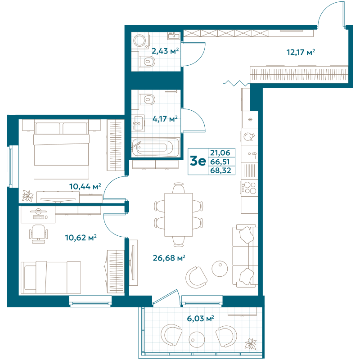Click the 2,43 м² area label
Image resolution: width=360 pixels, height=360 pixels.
[x=165, y=51]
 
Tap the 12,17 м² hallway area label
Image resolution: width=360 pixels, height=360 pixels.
[x=301, y=52]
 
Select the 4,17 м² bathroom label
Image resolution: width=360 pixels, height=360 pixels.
[x=164, y=119]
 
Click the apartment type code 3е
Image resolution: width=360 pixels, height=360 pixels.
[x=198, y=161]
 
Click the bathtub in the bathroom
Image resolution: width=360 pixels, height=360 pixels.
[x=152, y=147]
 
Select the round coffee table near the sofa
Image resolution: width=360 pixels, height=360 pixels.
[x=220, y=269]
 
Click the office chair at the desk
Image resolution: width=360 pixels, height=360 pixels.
[x=39, y=233]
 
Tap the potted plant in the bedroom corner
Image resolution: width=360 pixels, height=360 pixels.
[x=28, y=196]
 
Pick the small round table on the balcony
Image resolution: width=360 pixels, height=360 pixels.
[x=197, y=337]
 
